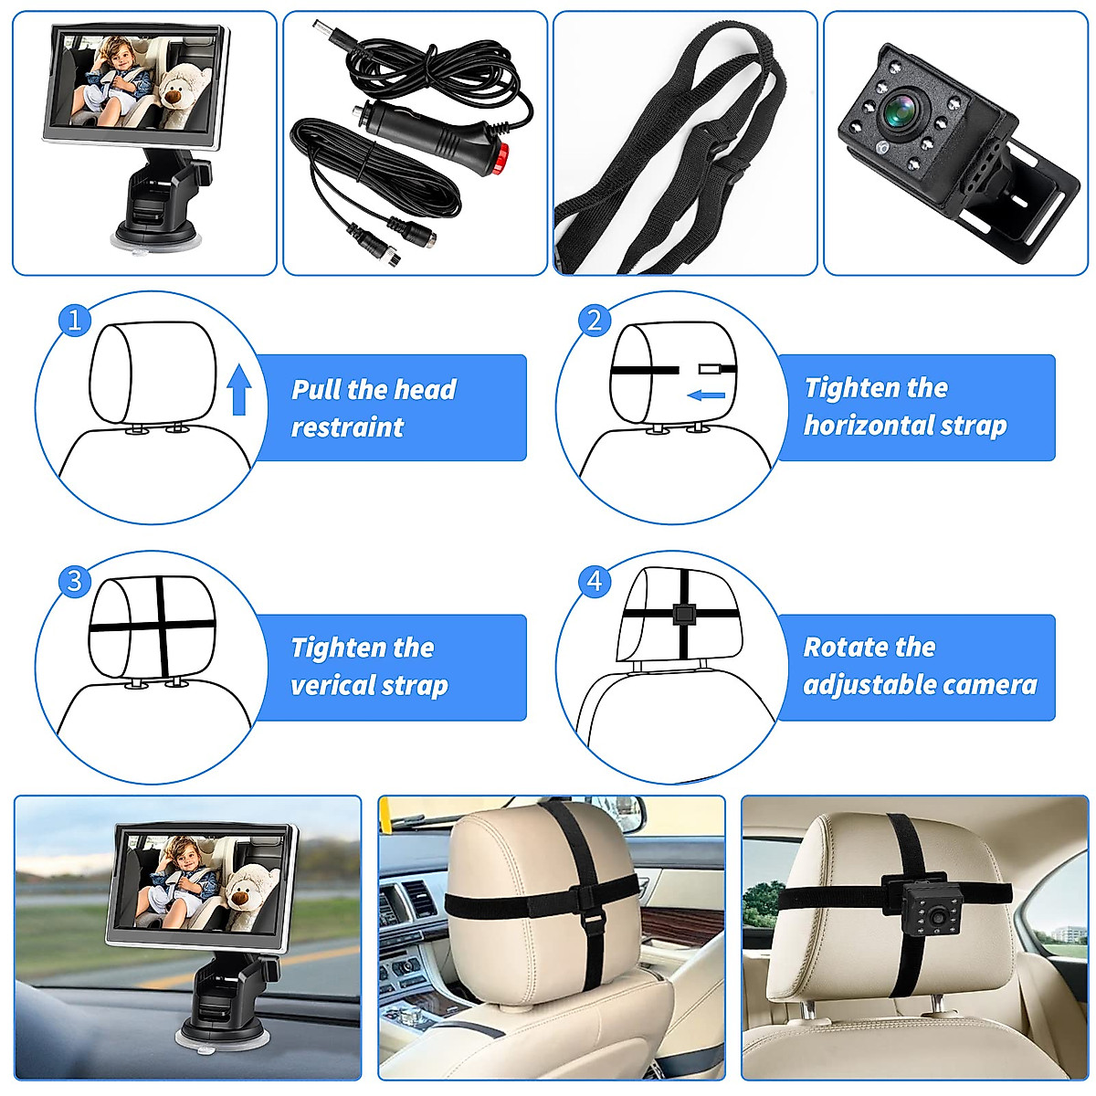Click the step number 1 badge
(x=75, y=320)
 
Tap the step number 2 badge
(x=595, y=320)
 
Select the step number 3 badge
(x=75, y=581)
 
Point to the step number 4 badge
(x=595, y=581)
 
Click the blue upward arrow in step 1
(x=239, y=388)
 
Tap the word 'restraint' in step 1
(x=347, y=427)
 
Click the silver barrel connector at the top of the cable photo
(x=331, y=37)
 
